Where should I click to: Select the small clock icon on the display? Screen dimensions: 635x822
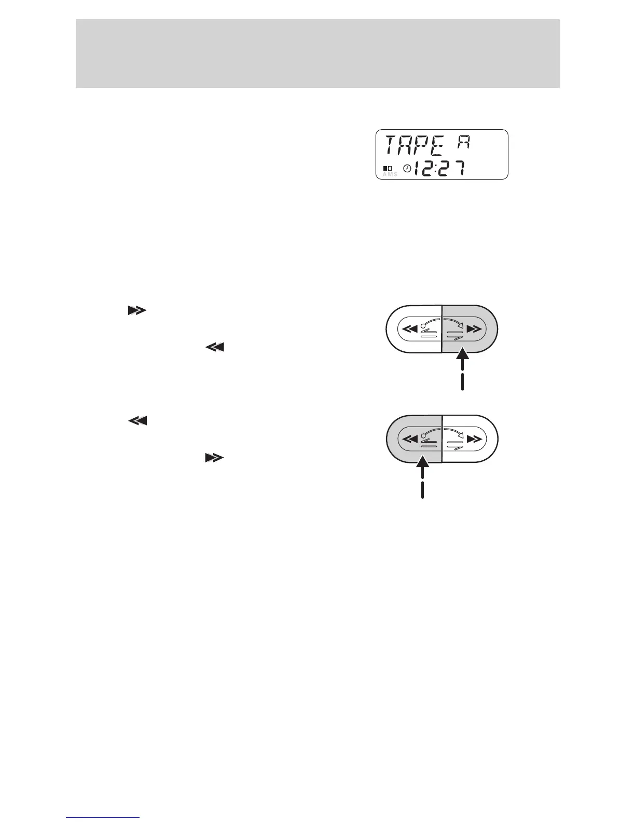click(407, 168)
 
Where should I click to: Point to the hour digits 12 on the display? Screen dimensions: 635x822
click(424, 168)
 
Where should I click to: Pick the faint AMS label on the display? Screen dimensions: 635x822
click(390, 174)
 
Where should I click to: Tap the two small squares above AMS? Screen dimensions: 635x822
click(388, 168)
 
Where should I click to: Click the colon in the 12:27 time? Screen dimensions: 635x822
click(435, 169)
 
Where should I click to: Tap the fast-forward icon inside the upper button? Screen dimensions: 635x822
click(474, 329)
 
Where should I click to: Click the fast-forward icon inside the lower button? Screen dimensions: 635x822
click(474, 439)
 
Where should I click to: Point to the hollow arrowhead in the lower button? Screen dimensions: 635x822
click(461, 435)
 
